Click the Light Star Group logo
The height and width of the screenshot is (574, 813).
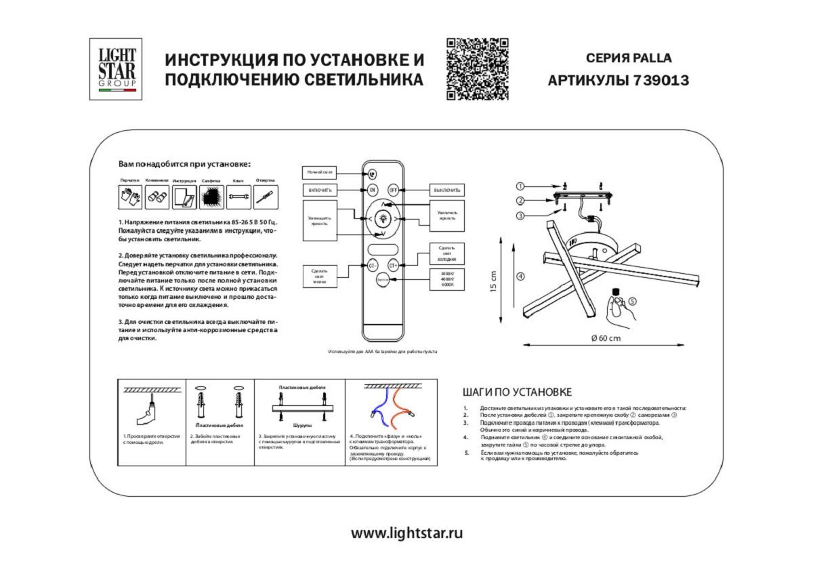(x=116, y=69)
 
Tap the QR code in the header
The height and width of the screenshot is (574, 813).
(x=477, y=69)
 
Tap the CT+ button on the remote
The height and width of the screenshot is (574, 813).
(x=392, y=266)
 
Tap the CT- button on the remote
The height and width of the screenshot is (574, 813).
(x=373, y=266)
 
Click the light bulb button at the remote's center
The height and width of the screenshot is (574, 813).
(x=383, y=219)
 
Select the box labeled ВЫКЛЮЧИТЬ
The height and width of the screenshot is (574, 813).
(x=448, y=190)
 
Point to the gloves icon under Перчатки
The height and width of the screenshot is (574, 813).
(x=130, y=197)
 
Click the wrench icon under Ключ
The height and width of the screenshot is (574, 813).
(x=238, y=197)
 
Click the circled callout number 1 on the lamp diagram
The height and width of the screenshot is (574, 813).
(x=519, y=186)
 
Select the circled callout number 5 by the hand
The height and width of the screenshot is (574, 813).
(x=632, y=301)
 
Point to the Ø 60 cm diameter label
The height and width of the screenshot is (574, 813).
(x=605, y=338)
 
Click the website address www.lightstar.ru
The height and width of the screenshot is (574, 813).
(x=406, y=533)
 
